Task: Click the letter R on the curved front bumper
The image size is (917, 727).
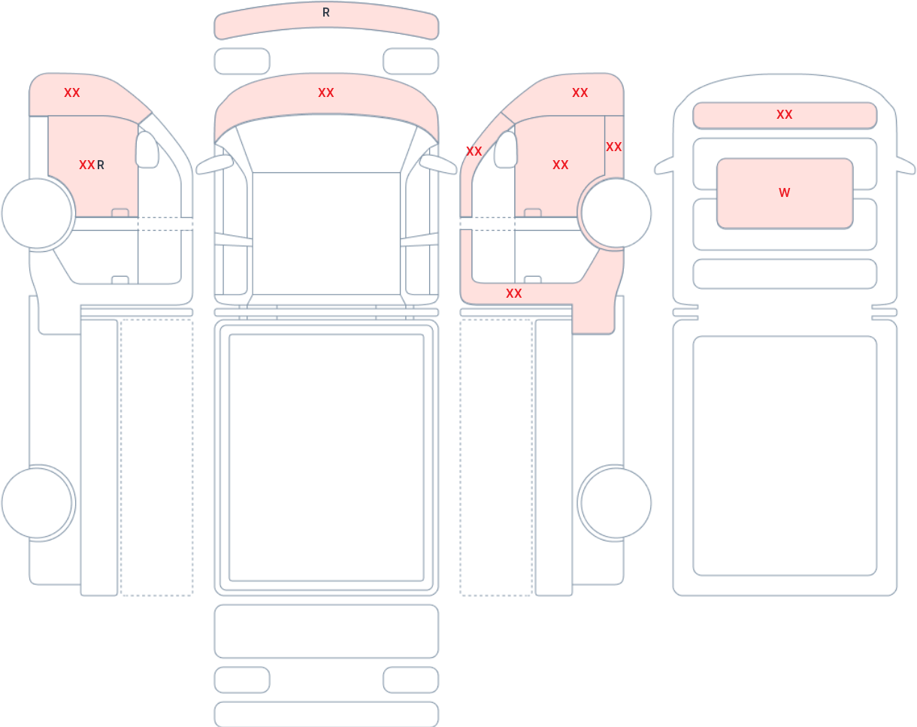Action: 326,13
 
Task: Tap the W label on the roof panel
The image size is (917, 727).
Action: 785,192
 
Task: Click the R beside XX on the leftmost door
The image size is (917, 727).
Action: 101,165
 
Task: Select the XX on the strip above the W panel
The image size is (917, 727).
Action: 785,114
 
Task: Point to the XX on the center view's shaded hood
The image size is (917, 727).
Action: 326,92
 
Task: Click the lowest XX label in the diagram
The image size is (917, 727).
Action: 514,293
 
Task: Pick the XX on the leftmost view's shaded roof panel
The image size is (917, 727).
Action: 72,92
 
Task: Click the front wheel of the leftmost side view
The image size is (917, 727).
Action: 37,213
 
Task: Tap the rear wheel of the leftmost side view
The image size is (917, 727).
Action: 37,503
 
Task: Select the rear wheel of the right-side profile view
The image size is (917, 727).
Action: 616,503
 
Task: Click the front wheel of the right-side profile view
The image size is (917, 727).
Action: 616,213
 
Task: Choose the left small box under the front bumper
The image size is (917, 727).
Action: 242,61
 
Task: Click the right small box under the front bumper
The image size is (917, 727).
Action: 411,61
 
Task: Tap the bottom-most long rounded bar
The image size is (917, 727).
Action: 326,713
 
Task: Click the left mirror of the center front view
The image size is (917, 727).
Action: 214,165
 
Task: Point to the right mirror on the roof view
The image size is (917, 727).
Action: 906,165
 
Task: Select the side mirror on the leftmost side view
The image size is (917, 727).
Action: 147,149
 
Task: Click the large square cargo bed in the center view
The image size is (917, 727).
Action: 326,458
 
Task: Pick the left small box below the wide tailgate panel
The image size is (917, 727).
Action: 242,680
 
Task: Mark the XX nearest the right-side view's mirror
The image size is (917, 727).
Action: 474,151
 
